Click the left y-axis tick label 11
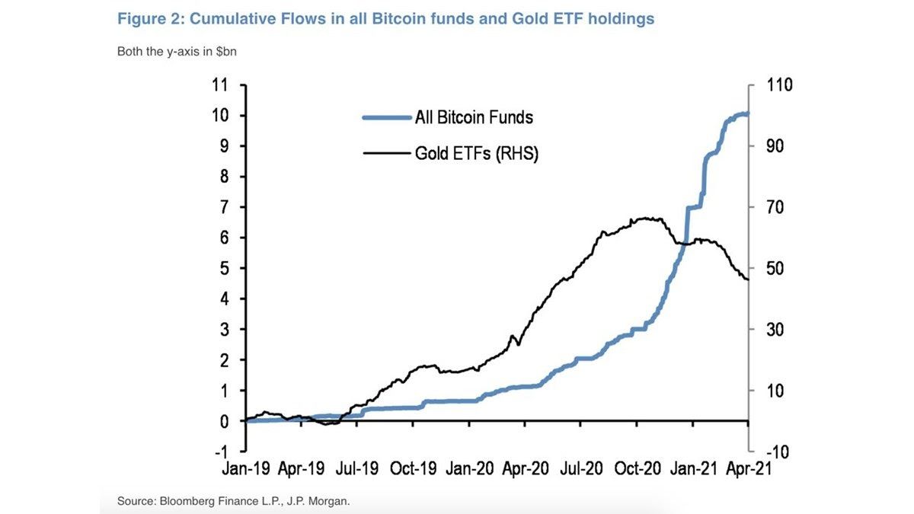(x=220, y=85)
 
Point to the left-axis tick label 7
(x=224, y=207)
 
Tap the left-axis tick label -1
(x=222, y=452)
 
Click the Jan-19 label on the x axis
(x=247, y=469)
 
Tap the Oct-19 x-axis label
(x=413, y=469)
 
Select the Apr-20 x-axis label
(x=525, y=469)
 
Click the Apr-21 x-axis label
(x=748, y=469)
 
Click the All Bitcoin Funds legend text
(x=474, y=117)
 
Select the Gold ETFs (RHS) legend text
(x=477, y=153)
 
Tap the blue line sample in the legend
(x=385, y=117)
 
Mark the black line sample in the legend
(x=385, y=153)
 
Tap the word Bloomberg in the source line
(x=184, y=501)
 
